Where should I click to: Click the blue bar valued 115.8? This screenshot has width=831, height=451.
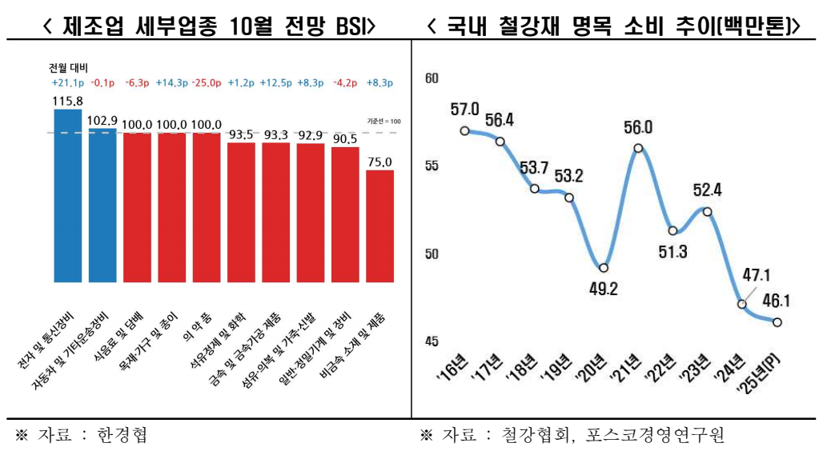point(67,196)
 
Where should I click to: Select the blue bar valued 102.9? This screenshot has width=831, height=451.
point(102,205)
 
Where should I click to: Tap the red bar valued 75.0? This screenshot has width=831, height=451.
point(379,225)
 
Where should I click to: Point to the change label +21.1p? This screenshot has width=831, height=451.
point(66,82)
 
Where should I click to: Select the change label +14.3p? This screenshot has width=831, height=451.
point(171,82)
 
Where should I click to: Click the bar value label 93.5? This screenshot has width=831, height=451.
point(241,134)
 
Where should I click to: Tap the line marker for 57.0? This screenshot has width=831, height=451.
point(464,130)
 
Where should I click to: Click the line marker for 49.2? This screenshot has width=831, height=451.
point(604,268)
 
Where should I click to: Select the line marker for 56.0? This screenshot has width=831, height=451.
point(638,148)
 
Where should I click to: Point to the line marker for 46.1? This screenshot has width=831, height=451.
point(777,322)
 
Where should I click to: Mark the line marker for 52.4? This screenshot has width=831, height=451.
point(707,211)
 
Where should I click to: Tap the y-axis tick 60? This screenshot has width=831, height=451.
point(432,78)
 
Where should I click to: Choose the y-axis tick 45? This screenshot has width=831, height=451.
point(432,342)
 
